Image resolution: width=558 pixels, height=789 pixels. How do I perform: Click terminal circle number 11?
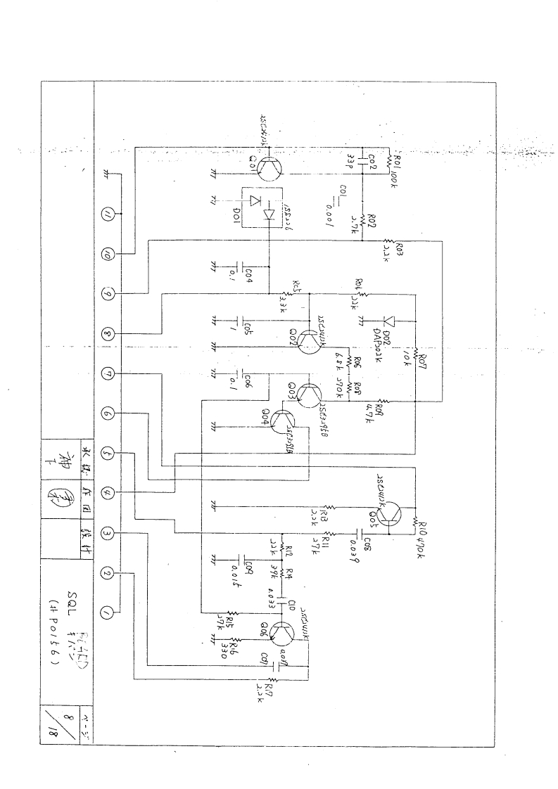(x=108, y=214)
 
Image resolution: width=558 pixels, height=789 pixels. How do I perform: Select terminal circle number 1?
(x=108, y=613)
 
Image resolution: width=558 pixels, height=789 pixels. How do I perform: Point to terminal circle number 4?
(x=108, y=493)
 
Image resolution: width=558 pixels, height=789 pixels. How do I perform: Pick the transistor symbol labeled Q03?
(x=307, y=394)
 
